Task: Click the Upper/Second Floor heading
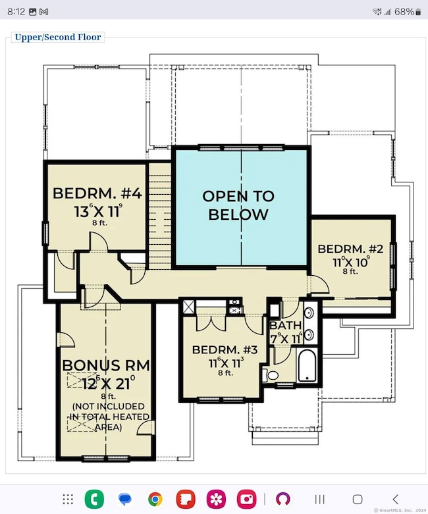(x=58, y=37)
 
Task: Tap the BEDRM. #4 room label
(x=97, y=194)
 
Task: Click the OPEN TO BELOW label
(x=238, y=205)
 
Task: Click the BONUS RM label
(x=106, y=365)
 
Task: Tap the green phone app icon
(x=94, y=499)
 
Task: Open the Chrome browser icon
(x=155, y=499)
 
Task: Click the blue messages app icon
(x=125, y=499)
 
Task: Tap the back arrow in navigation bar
(x=395, y=499)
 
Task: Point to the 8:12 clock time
(x=16, y=12)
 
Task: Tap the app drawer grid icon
(x=68, y=499)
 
